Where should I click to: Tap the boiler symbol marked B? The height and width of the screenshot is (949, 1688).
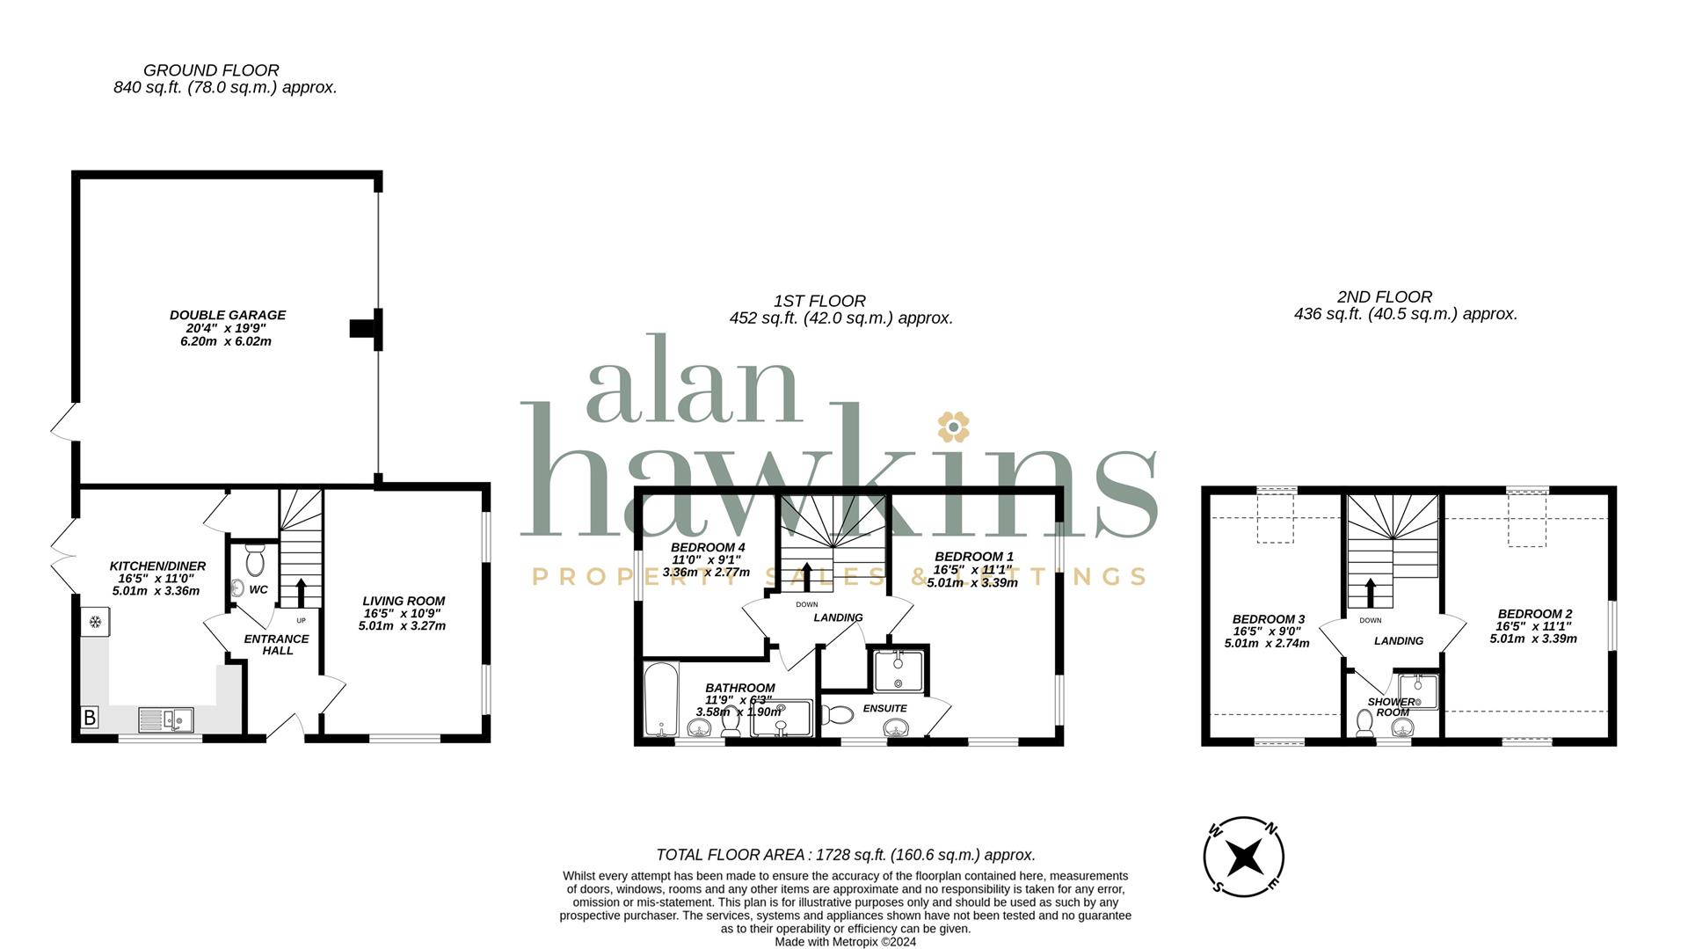point(89,718)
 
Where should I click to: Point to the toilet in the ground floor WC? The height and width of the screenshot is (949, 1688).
point(256,559)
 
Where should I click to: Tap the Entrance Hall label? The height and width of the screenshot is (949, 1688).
point(276,645)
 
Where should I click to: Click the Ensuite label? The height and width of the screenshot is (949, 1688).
point(884,708)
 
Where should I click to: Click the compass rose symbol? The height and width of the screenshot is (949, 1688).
point(1244,856)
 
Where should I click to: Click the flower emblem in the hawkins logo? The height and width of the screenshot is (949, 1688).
point(952,427)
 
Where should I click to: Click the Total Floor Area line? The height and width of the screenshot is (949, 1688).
point(846,855)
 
